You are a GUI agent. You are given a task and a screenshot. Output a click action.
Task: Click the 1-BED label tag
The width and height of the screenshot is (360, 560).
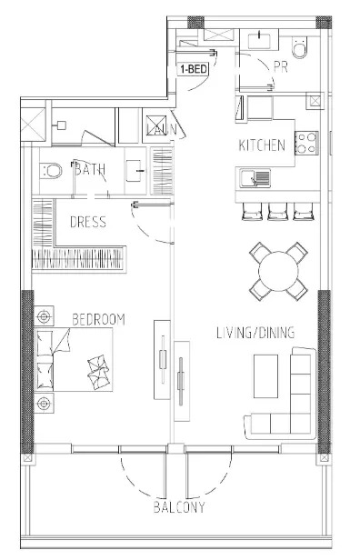tap(191, 69)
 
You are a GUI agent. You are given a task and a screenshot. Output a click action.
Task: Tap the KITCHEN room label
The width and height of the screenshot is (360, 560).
tap(262, 145)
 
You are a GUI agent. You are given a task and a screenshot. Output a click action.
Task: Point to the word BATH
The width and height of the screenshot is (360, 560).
tap(90, 169)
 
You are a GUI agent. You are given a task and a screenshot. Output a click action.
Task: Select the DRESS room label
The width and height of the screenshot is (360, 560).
tap(87, 221)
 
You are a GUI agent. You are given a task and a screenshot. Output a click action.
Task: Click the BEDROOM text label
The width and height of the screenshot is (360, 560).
tap(98, 319)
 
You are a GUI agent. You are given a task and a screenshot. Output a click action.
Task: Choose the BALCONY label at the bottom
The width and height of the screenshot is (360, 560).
tap(178, 507)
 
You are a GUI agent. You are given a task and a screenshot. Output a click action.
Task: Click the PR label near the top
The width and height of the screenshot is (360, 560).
tap(281, 65)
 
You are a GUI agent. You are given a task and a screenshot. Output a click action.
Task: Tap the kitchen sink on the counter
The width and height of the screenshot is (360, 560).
tap(251, 175)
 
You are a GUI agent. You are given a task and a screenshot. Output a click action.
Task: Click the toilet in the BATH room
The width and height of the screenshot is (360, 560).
tap(52, 169)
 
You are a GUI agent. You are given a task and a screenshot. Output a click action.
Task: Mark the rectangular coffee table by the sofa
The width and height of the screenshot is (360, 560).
tap(267, 375)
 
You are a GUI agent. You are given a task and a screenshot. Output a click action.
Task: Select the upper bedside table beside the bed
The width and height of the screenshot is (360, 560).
tap(43, 317)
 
